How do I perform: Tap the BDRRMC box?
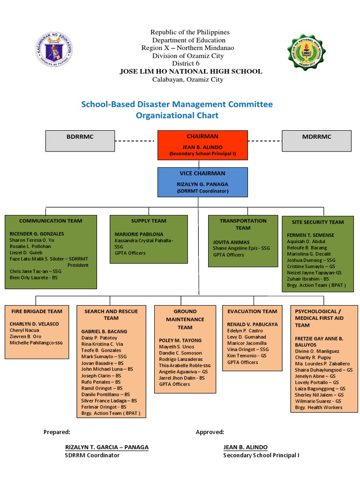[80, 141]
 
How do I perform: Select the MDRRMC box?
[316, 141]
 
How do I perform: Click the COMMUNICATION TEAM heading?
[51, 221]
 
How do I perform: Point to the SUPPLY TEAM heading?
[149, 221]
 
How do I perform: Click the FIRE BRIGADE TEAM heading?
[36, 311]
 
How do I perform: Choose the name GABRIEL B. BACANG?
[104, 331]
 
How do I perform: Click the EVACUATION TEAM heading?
[252, 311]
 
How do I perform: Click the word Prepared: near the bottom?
[57, 432]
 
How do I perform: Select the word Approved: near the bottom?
[210, 432]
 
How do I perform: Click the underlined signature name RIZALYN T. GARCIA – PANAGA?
[107, 447]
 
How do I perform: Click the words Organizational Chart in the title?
[177, 115]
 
